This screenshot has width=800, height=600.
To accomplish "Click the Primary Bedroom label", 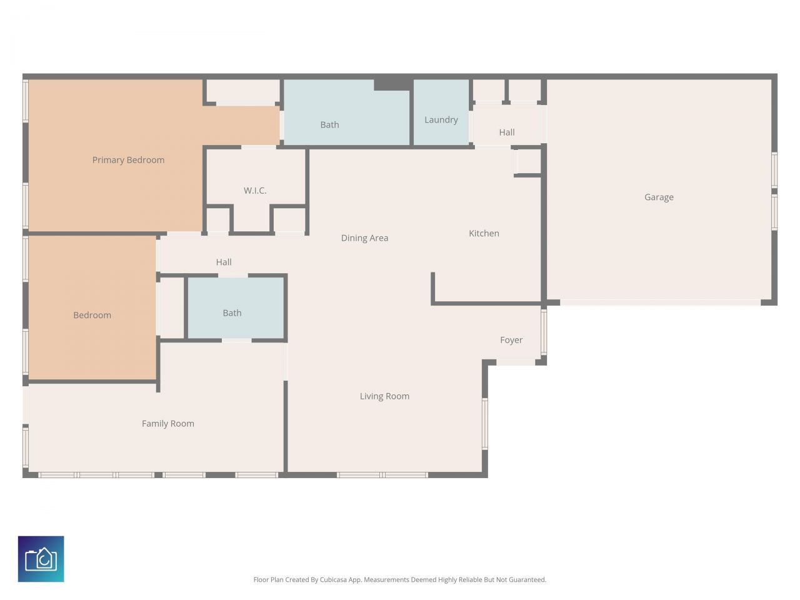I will tap(128, 160).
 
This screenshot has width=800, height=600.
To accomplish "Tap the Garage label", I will tap(659, 197).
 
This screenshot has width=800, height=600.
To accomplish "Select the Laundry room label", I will tap(441, 120).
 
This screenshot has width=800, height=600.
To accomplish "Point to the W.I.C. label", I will tap(255, 191).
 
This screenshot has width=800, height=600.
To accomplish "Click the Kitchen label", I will tap(484, 233).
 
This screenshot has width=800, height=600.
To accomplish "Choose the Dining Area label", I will tap(364, 238).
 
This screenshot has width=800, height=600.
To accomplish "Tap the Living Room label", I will tap(384, 396).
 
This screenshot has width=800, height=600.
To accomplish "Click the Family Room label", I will tap(167, 424).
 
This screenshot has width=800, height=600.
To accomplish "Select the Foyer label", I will tap(511, 340).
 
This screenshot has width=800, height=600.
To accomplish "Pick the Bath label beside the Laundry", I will tap(329, 125).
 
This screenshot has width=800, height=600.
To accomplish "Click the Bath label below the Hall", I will tap(232, 313).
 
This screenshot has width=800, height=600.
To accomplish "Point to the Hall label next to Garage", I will tap(506, 132).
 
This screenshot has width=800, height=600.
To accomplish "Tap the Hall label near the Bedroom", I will tap(224, 262).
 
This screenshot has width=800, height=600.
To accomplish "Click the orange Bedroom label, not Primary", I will tap(92, 315).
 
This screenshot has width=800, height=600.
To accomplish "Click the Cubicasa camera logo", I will tap(41, 559).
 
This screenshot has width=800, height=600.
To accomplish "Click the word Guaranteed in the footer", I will tap(526, 580).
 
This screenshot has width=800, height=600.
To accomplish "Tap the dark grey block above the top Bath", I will tap(392, 84).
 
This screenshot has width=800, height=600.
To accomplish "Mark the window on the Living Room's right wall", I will tap(484, 424).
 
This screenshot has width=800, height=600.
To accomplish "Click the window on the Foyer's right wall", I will tap(543, 332).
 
